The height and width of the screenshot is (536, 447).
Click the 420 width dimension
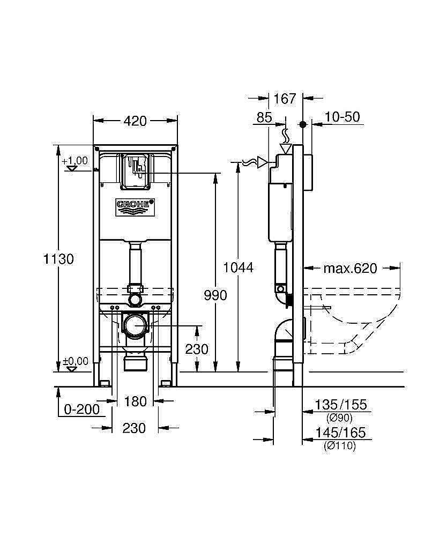(x=135, y=122)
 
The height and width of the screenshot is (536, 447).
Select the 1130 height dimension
(x=59, y=259)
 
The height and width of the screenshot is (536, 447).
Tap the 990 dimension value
(x=215, y=295)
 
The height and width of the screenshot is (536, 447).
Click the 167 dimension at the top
(x=285, y=99)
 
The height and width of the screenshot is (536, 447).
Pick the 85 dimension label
(x=264, y=117)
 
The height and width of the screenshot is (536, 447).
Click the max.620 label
(x=350, y=268)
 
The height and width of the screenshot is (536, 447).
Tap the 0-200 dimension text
(x=81, y=410)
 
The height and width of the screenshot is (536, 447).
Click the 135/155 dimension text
(x=341, y=405)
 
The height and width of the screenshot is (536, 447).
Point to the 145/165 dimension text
(x=341, y=433)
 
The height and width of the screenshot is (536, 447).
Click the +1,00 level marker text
(x=74, y=161)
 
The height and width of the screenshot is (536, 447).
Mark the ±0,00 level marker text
(x=75, y=362)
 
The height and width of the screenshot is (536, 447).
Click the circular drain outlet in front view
(x=135, y=325)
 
